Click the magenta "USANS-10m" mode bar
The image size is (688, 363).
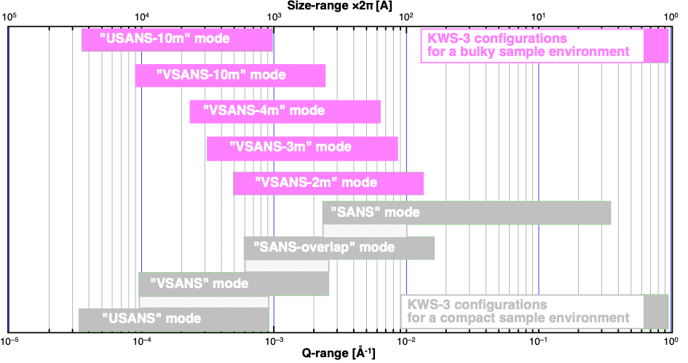[177, 39]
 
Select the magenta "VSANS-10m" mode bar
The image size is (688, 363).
[230, 75]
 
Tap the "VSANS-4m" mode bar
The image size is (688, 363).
[285, 111]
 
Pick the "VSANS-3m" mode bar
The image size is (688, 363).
[302, 147]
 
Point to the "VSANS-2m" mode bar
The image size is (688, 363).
[328, 183]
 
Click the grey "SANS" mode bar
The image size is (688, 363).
[467, 212]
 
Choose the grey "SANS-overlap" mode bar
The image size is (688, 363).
[339, 247]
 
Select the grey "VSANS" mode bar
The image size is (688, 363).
[234, 284]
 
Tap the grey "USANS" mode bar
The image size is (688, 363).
[173, 319]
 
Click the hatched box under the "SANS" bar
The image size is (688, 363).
[365, 231]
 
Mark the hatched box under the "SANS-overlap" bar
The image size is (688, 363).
[287, 266]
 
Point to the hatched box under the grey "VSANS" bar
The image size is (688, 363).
[204, 302]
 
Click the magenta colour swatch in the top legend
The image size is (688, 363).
[655, 45]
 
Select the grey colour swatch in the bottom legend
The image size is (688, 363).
[655, 311]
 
